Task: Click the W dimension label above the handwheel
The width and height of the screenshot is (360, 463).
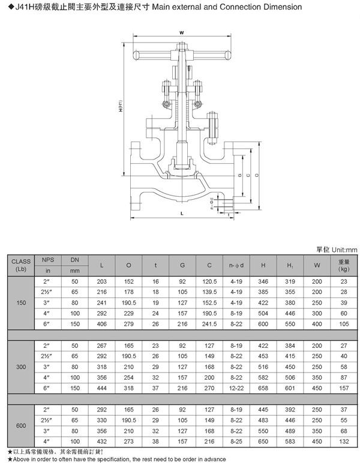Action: click(181, 33)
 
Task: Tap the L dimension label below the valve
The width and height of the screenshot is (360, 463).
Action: click(181, 213)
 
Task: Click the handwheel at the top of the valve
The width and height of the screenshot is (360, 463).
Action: click(181, 56)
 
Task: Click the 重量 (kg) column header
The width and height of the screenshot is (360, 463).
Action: click(343, 265)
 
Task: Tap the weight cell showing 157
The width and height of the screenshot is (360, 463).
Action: click(343, 387)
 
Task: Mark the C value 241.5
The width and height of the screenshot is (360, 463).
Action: click(209, 324)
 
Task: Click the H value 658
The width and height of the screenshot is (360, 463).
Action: click(263, 387)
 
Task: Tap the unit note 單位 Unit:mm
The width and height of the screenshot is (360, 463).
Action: click(336, 249)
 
